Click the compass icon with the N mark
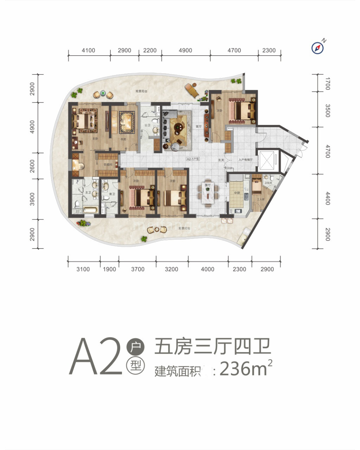click(317, 48)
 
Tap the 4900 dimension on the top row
click(185, 50)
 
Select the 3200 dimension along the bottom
click(171, 269)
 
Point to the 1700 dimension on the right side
click(327, 84)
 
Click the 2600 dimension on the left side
click(32, 166)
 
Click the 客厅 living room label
click(199, 126)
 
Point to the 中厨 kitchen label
click(237, 193)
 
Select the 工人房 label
click(261, 199)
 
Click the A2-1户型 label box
click(193, 159)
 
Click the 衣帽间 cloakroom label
click(108, 165)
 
